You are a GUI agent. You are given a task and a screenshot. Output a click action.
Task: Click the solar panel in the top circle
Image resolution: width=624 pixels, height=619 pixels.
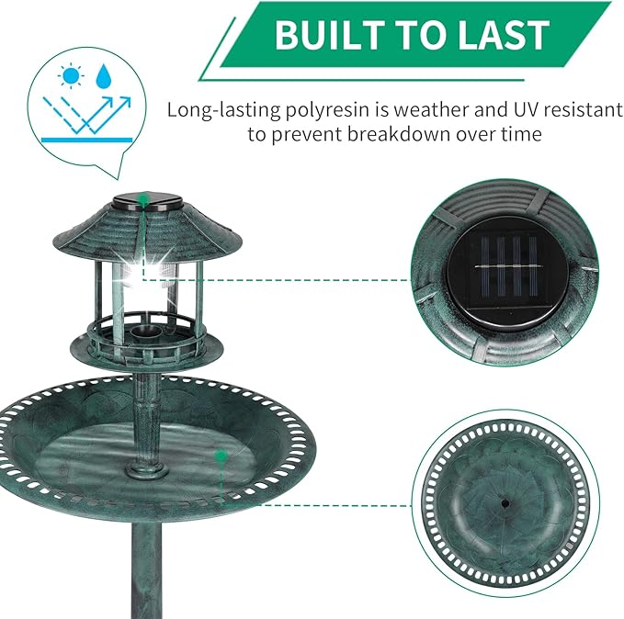coord(502,275)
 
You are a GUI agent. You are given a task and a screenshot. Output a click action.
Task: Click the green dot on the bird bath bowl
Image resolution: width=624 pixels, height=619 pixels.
coord(220,455)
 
